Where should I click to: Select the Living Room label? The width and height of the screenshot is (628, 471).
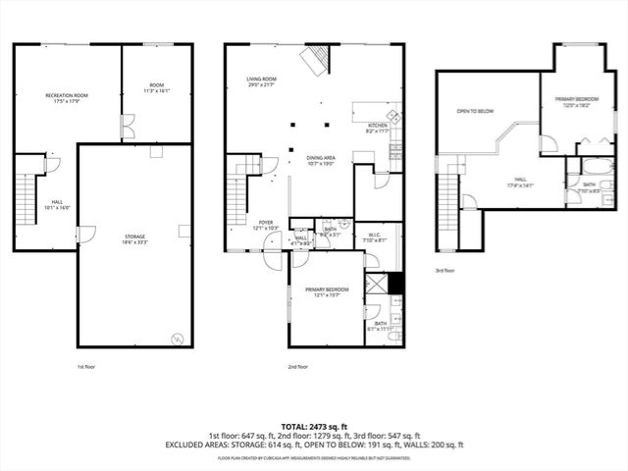pyautogui.click(x=262, y=80)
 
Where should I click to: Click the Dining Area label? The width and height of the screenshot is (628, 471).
pyautogui.click(x=322, y=160)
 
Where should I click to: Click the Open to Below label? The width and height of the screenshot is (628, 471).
pyautogui.click(x=475, y=112)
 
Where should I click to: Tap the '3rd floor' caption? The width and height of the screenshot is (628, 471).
pyautogui.click(x=445, y=270)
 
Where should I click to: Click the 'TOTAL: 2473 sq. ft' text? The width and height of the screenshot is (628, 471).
pyautogui.click(x=313, y=424)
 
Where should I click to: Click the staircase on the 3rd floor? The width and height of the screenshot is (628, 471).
pyautogui.click(x=448, y=200)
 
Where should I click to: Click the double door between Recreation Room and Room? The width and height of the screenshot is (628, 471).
pyautogui.click(x=126, y=127)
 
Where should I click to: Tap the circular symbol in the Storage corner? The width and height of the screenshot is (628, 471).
pyautogui.click(x=178, y=338)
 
